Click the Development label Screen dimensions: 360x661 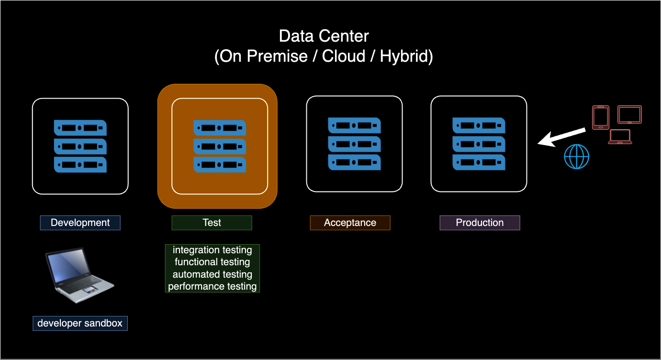(x=80, y=223)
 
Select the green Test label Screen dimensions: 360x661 (x=212, y=223)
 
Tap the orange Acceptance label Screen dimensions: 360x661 (x=350, y=223)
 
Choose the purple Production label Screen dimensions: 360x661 (x=480, y=223)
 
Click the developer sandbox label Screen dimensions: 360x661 (x=80, y=323)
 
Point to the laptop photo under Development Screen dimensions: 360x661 (x=79, y=275)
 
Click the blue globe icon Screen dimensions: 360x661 (x=576, y=157)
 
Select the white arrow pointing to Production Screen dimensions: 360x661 (x=561, y=137)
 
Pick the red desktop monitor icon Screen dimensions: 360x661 (x=629, y=115)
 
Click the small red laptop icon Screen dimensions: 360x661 (x=620, y=137)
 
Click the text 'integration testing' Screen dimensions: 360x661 (x=212, y=250)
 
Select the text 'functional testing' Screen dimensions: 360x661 (x=212, y=262)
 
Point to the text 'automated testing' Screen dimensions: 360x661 (x=212, y=274)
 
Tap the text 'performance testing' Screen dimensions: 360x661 (x=212, y=286)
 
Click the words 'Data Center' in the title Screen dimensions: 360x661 (x=324, y=36)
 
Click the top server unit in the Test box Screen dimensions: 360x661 (x=219, y=128)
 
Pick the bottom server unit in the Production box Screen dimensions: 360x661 (x=479, y=162)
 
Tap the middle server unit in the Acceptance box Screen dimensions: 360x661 (x=354, y=144)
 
